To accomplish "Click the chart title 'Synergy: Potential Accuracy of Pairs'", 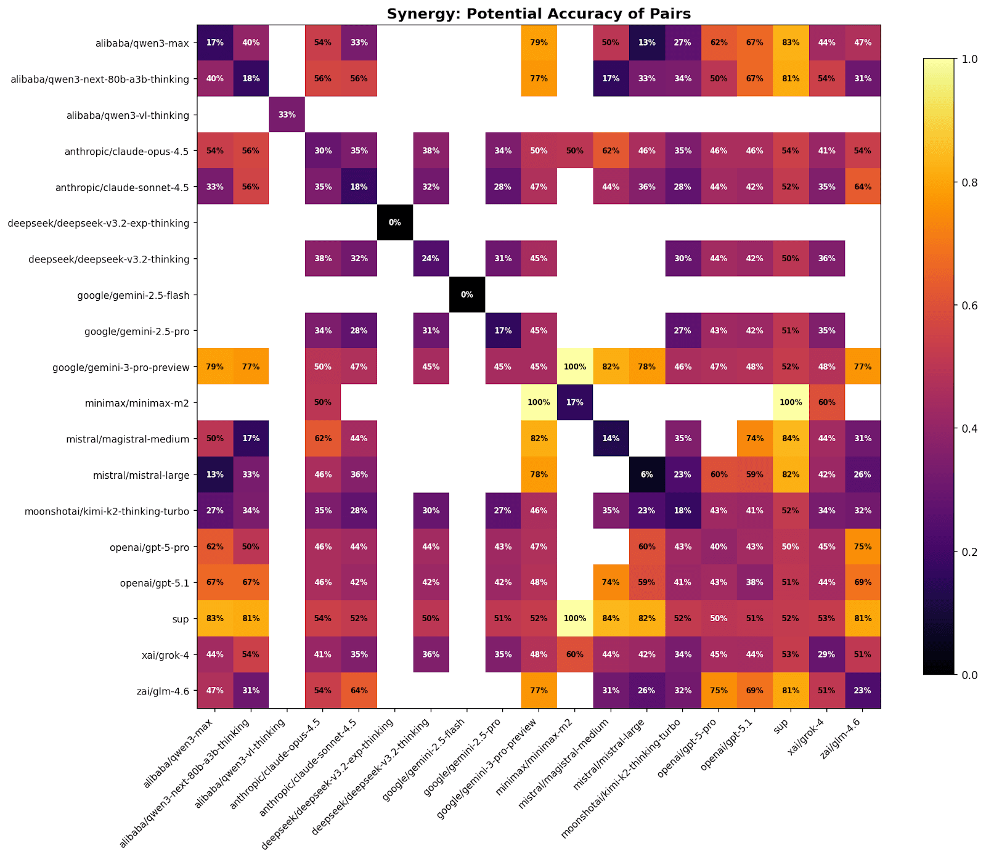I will pyautogui.click(x=539, y=14).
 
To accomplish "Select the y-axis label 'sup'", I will pyautogui.click(x=181, y=619).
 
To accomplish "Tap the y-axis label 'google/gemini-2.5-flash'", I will pyautogui.click(x=133, y=295).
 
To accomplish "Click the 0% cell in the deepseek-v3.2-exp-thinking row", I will pyautogui.click(x=395, y=222).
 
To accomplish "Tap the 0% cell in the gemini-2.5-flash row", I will pyautogui.click(x=467, y=295).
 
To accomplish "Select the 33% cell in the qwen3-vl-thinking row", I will pyautogui.click(x=287, y=115).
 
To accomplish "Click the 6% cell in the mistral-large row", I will pyautogui.click(x=646, y=474).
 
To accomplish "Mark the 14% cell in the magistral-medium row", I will pyautogui.click(x=611, y=439).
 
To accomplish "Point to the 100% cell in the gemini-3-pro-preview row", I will pyautogui.click(x=575, y=367).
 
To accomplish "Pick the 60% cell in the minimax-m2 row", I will pyautogui.click(x=826, y=402).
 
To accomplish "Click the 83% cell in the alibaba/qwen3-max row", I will pyautogui.click(x=791, y=43).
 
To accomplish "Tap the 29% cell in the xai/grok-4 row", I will pyautogui.click(x=826, y=654).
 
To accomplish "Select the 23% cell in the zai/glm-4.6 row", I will pyautogui.click(x=863, y=691).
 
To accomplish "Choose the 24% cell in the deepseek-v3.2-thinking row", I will pyautogui.click(x=431, y=259).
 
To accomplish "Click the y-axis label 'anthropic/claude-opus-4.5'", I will pyautogui.click(x=127, y=151).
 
